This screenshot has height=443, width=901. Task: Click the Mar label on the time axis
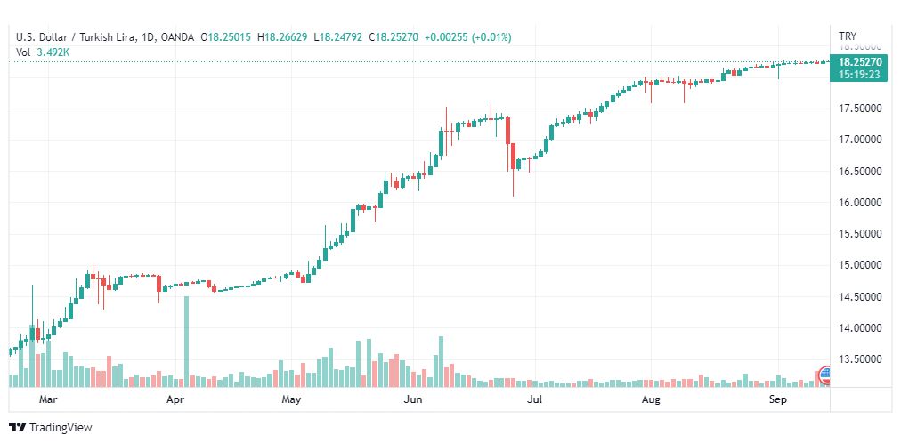(x=49, y=400)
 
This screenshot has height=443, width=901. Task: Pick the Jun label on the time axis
(x=412, y=400)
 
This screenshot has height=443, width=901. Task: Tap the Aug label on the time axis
(x=652, y=400)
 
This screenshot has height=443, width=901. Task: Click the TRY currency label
(x=848, y=36)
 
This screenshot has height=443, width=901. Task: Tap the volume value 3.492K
(x=53, y=52)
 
